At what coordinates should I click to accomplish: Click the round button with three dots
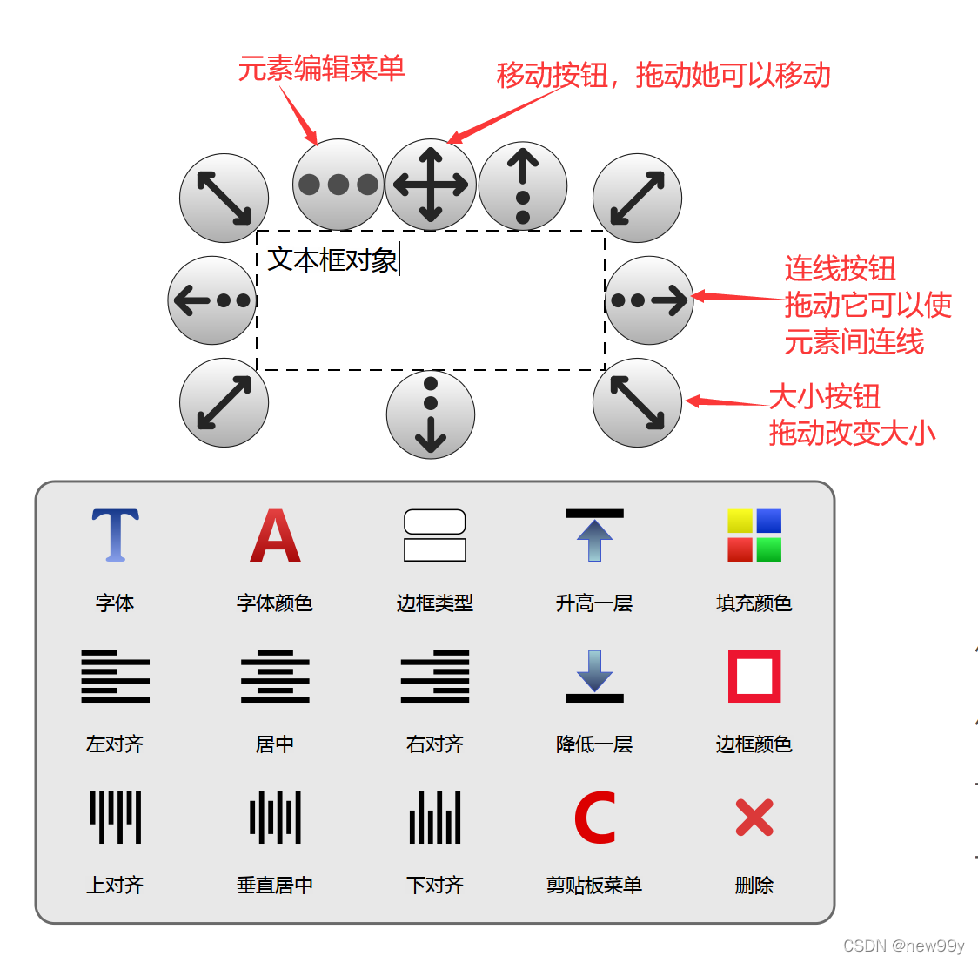(x=338, y=185)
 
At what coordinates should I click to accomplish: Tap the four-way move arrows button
(x=431, y=185)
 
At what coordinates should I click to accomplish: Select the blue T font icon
(x=115, y=535)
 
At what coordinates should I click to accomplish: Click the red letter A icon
(x=275, y=535)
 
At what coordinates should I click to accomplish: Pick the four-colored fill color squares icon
(x=754, y=535)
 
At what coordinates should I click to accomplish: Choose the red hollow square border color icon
(x=754, y=676)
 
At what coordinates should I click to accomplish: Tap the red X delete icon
(x=754, y=818)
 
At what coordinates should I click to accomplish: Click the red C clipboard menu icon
(x=595, y=818)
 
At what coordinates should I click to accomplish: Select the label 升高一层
(x=594, y=603)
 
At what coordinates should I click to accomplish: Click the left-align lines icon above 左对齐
(x=115, y=676)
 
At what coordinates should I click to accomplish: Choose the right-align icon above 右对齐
(x=435, y=676)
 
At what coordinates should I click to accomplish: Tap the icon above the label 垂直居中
(x=275, y=818)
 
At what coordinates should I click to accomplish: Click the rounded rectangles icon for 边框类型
(x=435, y=535)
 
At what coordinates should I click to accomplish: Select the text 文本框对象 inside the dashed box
(x=332, y=259)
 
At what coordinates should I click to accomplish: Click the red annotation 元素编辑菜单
(x=321, y=69)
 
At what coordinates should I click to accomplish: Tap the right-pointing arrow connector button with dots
(x=649, y=300)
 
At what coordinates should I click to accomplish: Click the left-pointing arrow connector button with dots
(x=212, y=300)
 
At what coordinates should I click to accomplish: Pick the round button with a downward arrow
(x=431, y=414)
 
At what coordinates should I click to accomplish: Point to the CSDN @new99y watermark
(x=903, y=946)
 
